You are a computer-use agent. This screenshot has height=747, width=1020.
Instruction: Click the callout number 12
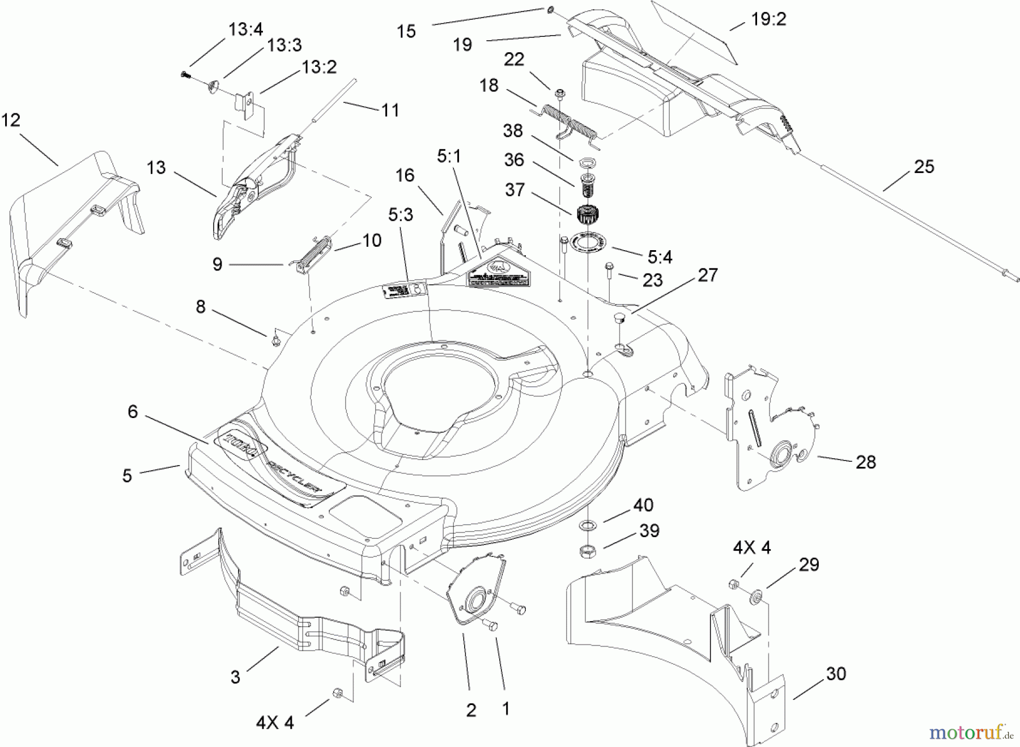[x=11, y=120]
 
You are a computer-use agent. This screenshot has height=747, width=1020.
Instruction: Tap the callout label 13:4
[x=245, y=30]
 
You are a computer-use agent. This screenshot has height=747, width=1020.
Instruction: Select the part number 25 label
[x=924, y=167]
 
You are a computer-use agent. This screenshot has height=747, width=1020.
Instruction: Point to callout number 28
[x=865, y=462]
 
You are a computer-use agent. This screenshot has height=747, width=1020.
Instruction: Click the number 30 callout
[x=836, y=674]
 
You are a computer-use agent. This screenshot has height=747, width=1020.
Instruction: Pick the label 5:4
[x=660, y=258]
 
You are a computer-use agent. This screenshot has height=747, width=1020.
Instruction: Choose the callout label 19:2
[x=768, y=19]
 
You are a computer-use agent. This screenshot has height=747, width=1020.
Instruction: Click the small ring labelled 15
[x=551, y=10]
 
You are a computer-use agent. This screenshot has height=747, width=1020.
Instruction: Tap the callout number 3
[x=235, y=677]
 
